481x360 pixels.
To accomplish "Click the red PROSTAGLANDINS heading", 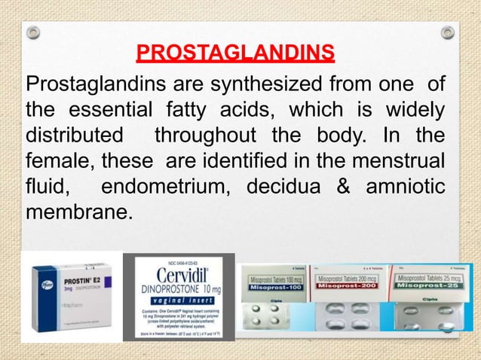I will pos(235,54).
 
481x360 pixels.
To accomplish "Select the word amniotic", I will pos(404,189).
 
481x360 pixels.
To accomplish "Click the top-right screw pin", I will pos(447,33).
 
